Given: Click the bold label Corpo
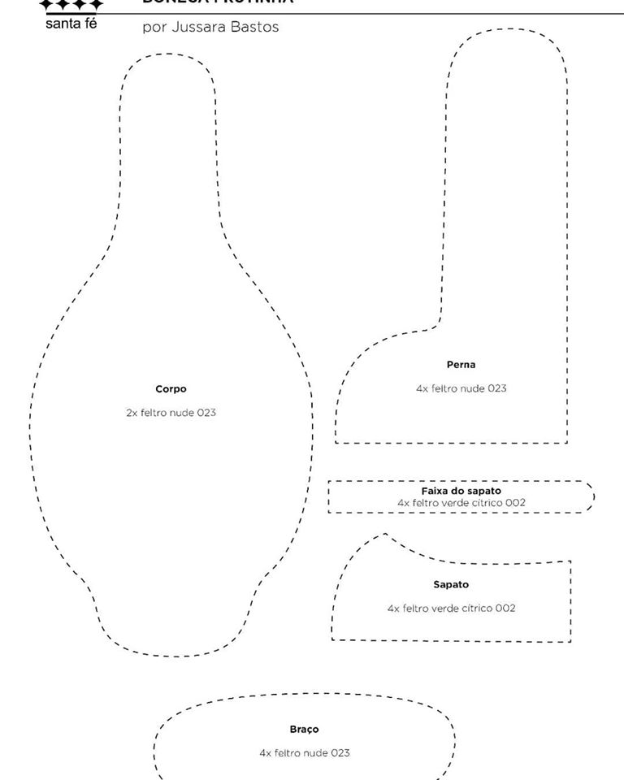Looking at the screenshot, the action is pos(171,389).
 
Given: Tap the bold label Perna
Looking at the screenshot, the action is pos(461,365).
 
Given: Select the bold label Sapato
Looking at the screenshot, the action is pos(451,584).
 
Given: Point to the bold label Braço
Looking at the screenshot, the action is pos(304,730).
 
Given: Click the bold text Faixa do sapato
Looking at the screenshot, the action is pos(461,491).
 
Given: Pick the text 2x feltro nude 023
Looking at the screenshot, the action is pos(171,413).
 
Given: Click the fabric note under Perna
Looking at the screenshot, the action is pos(461,388).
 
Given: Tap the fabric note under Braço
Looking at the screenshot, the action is pos(304,753).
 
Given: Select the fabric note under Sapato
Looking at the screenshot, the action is pos(451,608).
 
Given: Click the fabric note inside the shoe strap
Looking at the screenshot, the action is pos(461,503).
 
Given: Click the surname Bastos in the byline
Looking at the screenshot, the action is pos(256,27).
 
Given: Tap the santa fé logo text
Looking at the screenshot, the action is pos(71,24).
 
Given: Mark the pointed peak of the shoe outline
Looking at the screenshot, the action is pos(385,534).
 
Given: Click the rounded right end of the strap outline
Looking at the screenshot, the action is pos(592,496).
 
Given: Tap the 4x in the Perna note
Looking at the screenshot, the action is pos(422,388).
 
